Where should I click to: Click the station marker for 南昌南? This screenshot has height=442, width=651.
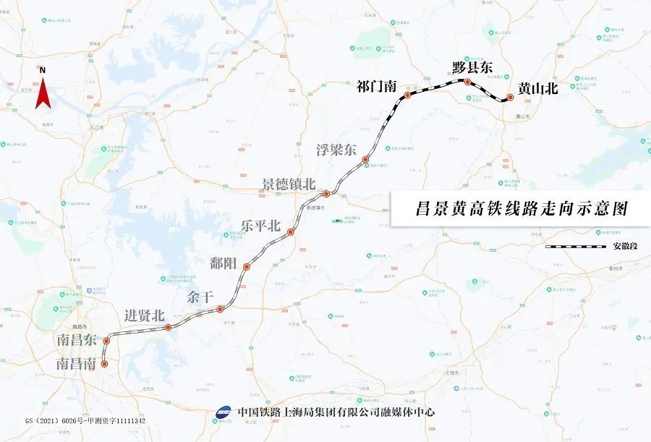(x=105, y=365)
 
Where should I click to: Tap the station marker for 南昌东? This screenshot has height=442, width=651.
(x=106, y=341)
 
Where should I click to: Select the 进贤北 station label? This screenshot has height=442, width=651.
(x=145, y=315)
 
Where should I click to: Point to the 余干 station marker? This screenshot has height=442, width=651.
(x=220, y=310)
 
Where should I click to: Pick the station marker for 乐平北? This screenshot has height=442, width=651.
(x=291, y=232)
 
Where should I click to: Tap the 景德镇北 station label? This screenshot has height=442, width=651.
(x=289, y=184)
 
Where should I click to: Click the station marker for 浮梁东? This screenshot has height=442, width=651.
(x=366, y=159)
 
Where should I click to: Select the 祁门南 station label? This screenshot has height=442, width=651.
(x=377, y=87)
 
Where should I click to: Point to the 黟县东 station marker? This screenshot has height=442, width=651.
(x=468, y=82)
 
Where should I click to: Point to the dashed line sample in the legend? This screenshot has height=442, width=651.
(x=575, y=246)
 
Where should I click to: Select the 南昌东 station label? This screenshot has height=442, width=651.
(x=78, y=340)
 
